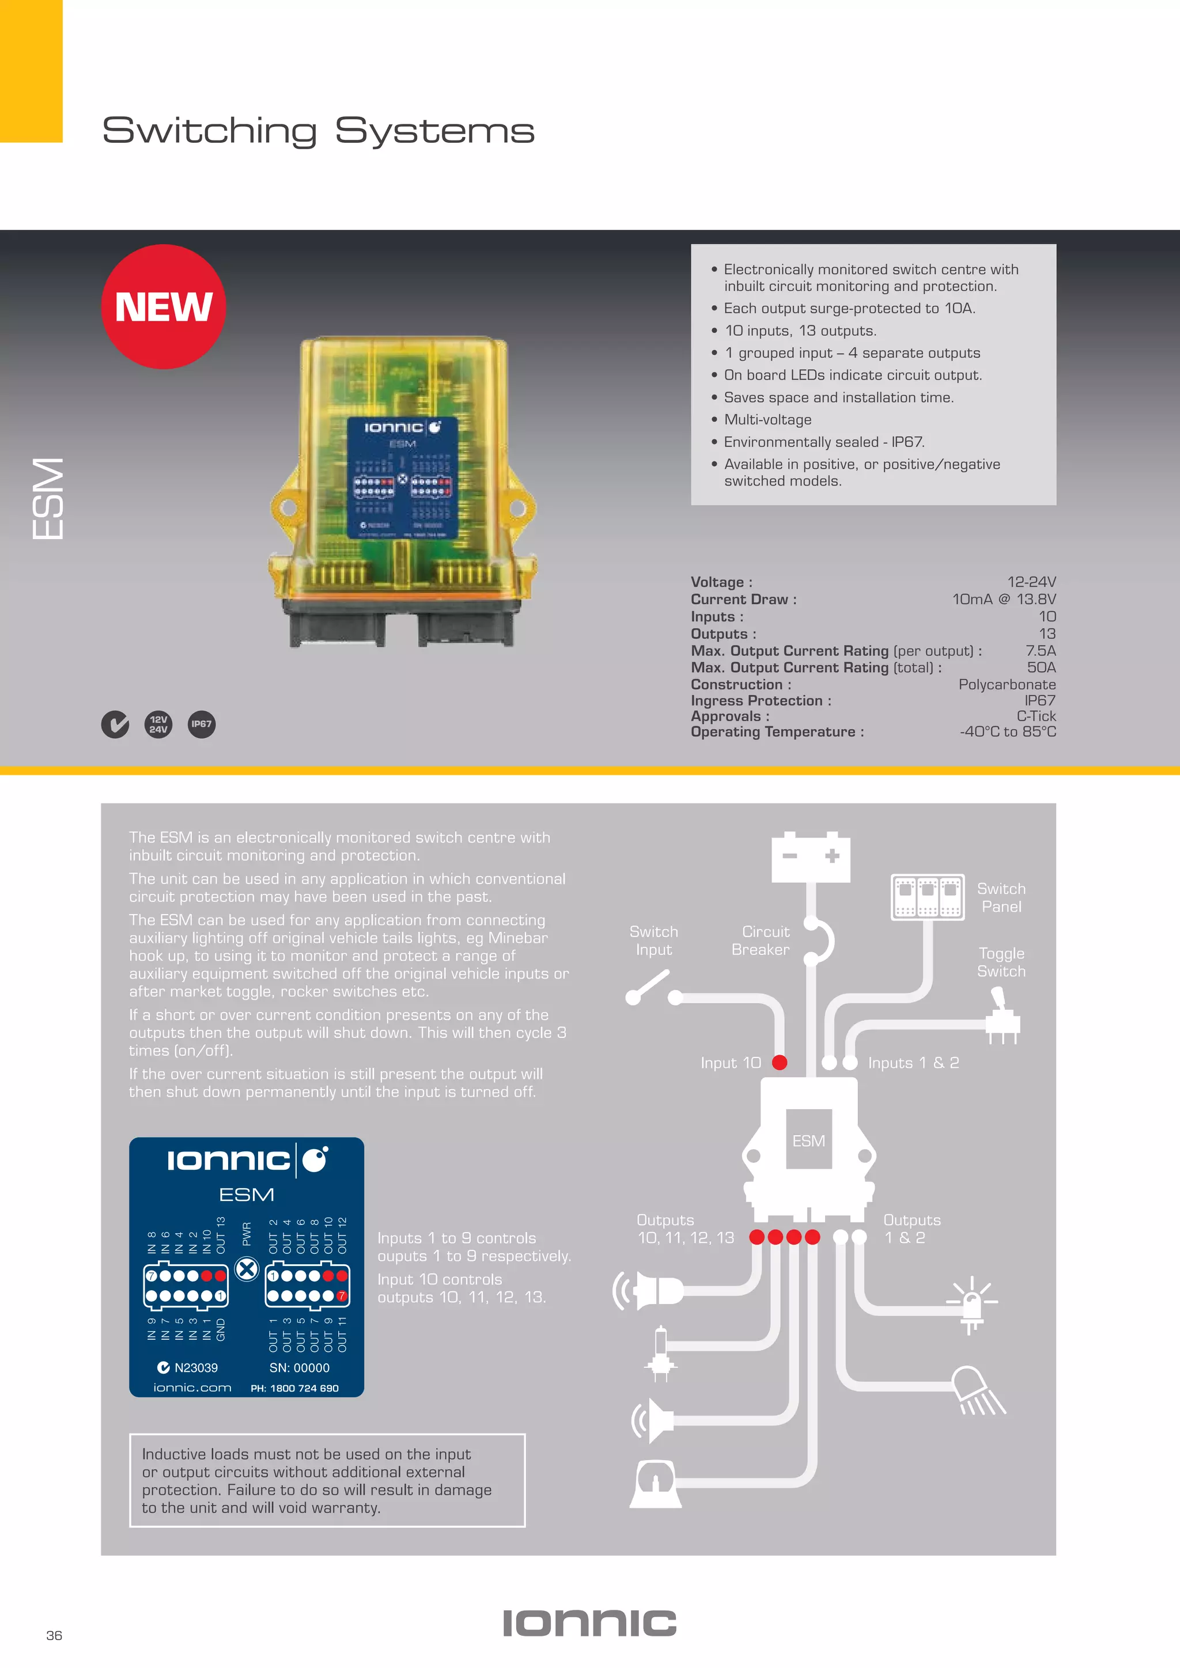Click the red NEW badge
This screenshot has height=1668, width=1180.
click(x=164, y=306)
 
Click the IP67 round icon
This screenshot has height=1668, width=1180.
click(x=201, y=725)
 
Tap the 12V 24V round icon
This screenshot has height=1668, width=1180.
click(x=158, y=725)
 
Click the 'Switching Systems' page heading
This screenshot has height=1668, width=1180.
click(x=317, y=131)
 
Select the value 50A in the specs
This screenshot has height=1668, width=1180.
click(x=1041, y=668)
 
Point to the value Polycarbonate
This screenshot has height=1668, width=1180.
click(x=1007, y=684)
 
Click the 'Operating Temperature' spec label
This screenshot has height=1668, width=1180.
click(x=777, y=732)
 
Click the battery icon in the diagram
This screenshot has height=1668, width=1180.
click(x=810, y=857)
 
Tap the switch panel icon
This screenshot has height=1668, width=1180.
click(x=927, y=897)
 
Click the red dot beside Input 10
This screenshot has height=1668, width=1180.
click(x=780, y=1063)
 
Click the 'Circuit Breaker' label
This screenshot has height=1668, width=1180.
click(x=761, y=941)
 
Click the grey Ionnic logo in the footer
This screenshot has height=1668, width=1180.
click(x=589, y=1623)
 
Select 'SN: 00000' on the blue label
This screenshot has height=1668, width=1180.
click(x=300, y=1368)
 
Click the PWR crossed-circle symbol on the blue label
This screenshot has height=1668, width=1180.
click(x=247, y=1269)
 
